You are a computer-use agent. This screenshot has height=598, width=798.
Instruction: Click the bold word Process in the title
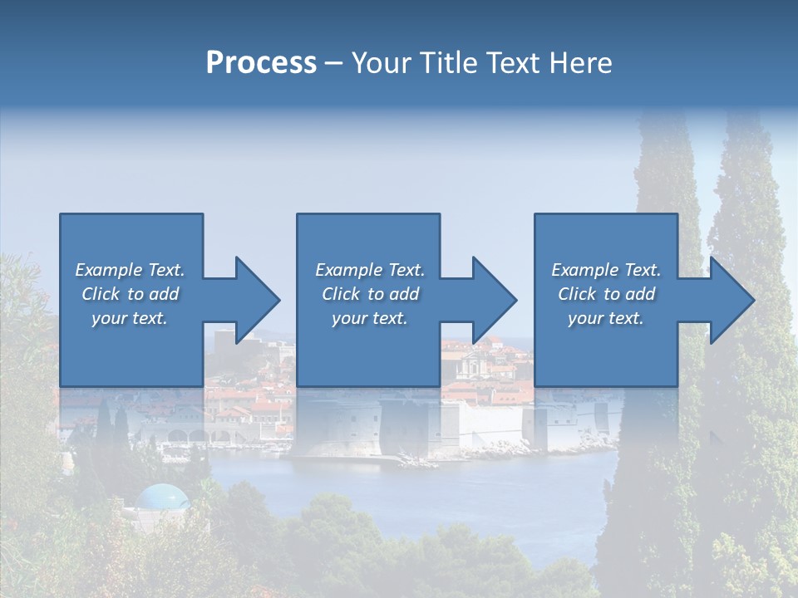pyautogui.click(x=261, y=62)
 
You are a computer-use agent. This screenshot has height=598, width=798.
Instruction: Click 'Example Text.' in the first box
pyautogui.click(x=130, y=270)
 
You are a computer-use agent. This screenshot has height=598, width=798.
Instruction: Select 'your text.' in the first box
pyautogui.click(x=130, y=318)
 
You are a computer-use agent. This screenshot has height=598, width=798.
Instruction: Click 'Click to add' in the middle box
pyautogui.click(x=370, y=294)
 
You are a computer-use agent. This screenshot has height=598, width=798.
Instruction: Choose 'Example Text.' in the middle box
pyautogui.click(x=370, y=270)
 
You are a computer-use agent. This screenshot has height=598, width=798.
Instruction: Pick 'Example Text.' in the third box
pyautogui.click(x=606, y=270)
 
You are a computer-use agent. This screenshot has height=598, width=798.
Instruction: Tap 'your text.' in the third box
pyautogui.click(x=606, y=318)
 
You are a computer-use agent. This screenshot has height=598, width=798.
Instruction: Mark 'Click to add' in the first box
pyautogui.click(x=130, y=294)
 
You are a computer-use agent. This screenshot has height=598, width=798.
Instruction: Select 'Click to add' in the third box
pyautogui.click(x=606, y=294)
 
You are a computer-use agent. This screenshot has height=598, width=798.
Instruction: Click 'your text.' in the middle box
pyautogui.click(x=370, y=318)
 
